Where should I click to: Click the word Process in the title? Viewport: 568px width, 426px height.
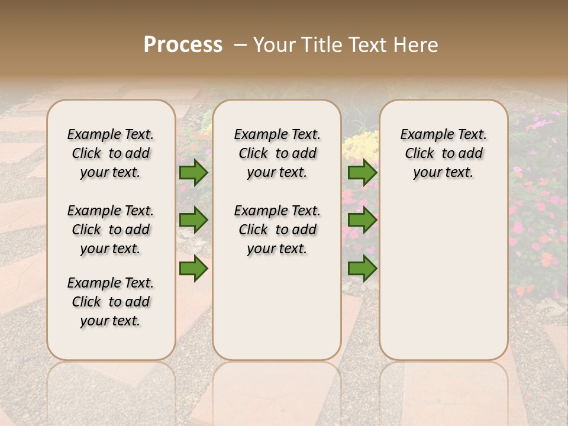tap(183, 44)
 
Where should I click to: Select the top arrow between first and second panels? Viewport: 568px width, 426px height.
tap(193, 172)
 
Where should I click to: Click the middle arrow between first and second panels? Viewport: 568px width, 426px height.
tap(193, 220)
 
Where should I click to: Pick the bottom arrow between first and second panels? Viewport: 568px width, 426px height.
tap(193, 269)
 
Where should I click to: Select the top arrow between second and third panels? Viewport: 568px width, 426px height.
tap(362, 172)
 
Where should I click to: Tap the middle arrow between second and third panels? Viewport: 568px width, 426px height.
tap(362, 220)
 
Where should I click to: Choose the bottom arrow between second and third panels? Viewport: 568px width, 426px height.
tap(362, 269)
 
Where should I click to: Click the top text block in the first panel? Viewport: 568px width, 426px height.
tap(111, 153)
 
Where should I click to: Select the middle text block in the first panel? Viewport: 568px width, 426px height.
tap(111, 230)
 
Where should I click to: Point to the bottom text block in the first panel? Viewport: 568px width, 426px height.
tap(111, 302)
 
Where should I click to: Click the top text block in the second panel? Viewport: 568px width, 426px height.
tap(277, 153)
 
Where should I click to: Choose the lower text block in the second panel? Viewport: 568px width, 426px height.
tap(277, 230)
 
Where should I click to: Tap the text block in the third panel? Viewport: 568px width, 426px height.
tap(444, 153)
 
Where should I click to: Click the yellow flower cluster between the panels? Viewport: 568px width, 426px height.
tap(360, 146)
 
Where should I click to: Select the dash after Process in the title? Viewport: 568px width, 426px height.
tap(240, 44)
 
